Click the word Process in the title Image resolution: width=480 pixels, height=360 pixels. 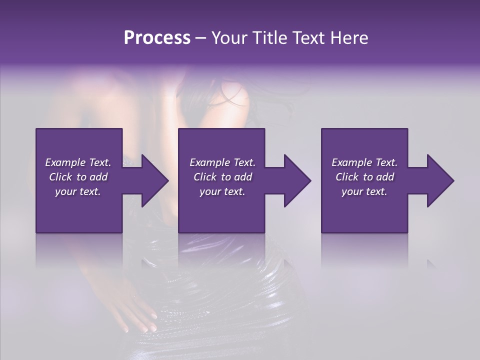coord(157,38)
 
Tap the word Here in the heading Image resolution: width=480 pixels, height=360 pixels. coord(348,38)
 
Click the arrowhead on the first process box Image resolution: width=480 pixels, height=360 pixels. coord(152,180)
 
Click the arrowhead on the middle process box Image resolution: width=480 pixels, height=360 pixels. coord(295,180)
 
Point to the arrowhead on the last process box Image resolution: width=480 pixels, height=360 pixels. coord(438,180)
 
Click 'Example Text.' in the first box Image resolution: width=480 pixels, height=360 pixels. coord(78,162)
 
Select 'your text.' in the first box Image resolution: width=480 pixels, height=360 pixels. coord(78,191)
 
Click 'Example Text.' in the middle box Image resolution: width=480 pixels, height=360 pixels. coord(222,162)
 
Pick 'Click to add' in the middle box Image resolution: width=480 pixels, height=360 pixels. coord(222,177)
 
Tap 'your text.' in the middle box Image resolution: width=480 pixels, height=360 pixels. coord(222,191)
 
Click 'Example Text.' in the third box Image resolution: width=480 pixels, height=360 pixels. coord(364,162)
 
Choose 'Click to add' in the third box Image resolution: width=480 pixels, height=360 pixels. coord(364,177)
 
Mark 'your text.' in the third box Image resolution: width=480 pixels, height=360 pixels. coord(364,191)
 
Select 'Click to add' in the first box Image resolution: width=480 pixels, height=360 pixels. coord(78,177)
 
